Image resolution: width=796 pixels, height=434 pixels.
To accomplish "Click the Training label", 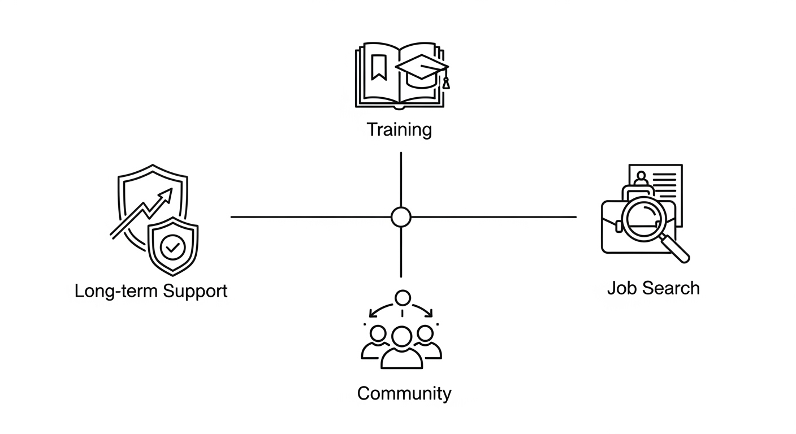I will pyautogui.click(x=399, y=129).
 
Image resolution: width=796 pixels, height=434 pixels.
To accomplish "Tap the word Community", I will pyautogui.click(x=404, y=393).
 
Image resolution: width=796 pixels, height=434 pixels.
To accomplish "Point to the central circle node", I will pyautogui.click(x=401, y=216).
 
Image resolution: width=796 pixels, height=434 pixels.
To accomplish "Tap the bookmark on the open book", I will pyautogui.click(x=378, y=67).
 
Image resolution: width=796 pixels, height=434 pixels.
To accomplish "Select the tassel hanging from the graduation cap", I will pyautogui.click(x=446, y=82).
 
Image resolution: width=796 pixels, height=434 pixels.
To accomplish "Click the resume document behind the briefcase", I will pyautogui.click(x=667, y=184).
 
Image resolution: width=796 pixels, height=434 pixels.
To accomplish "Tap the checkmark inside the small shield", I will pyautogui.click(x=172, y=248).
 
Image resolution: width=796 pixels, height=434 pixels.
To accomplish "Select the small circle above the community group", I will pyautogui.click(x=402, y=297).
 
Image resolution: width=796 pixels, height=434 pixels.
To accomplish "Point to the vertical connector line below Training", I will pyautogui.click(x=401, y=178).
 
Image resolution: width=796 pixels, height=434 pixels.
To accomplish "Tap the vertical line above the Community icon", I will pyautogui.click(x=401, y=251).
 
